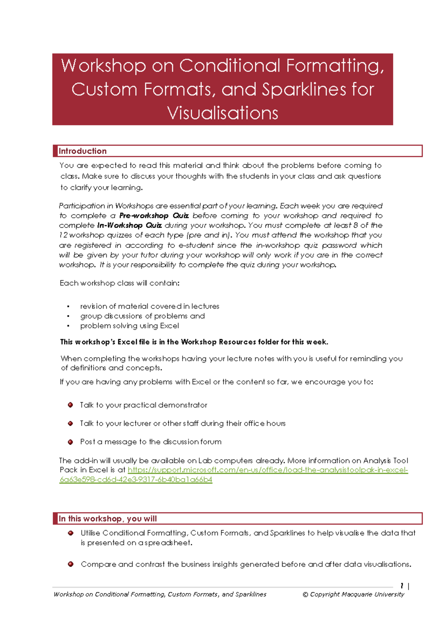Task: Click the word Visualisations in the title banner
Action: click(222, 113)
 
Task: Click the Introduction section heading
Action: click(83, 151)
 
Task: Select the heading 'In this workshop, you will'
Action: click(107, 519)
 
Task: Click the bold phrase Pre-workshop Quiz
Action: click(154, 216)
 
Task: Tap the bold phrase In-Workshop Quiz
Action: click(129, 225)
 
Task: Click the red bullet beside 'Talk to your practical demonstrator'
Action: click(71, 405)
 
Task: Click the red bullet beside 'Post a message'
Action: click(71, 442)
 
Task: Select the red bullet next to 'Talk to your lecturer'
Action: click(71, 423)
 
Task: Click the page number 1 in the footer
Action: click(402, 586)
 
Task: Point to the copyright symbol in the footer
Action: click(305, 595)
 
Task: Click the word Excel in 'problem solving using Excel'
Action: click(169, 326)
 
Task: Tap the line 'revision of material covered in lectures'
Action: click(149, 306)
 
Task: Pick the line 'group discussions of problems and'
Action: click(142, 316)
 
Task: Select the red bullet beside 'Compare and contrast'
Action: click(71, 564)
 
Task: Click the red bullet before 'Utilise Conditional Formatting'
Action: click(71, 533)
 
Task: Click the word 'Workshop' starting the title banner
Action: click(103, 66)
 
